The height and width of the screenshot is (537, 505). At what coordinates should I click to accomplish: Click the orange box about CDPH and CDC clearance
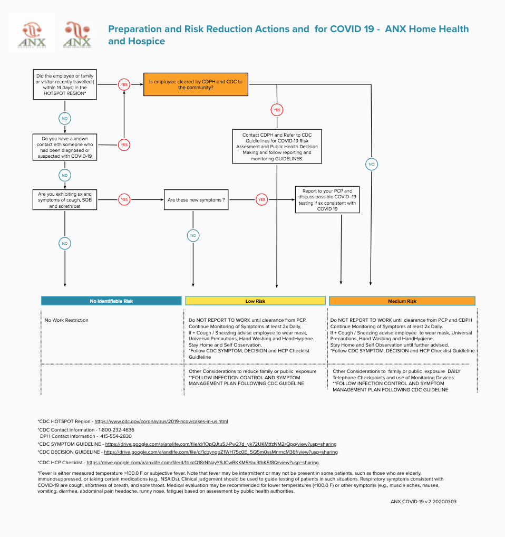pos(196,84)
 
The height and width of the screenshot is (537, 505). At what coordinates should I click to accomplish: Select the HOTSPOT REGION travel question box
pos(64,84)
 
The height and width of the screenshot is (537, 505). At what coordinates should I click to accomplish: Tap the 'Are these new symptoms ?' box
pos(196,200)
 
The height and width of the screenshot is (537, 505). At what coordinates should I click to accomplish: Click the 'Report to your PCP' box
pos(327,200)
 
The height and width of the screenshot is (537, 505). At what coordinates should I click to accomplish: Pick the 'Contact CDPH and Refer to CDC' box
pos(277,147)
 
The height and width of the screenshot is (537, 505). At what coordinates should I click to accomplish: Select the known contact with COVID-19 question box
pos(64,148)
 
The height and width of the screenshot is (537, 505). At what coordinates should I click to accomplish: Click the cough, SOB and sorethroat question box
pos(64,200)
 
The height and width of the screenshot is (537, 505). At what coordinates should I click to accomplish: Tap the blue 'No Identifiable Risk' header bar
pos(111,301)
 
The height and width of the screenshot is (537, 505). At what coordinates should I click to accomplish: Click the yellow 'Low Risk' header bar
pos(255,301)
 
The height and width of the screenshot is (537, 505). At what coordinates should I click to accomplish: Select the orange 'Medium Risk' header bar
pos(402,301)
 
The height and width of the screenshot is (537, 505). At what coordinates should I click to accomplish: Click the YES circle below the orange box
pos(277,110)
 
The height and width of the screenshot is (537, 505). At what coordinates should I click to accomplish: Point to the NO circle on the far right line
pos(372,165)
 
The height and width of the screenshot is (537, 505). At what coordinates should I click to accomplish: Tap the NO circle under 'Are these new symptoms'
pos(193,235)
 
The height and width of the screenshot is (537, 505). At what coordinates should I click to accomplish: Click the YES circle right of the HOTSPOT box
pos(124,84)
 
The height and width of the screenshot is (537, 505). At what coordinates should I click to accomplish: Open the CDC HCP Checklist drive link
pos(202,463)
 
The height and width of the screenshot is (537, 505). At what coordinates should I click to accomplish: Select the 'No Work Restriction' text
pos(66,320)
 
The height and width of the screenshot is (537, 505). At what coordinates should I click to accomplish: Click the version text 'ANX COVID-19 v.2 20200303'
pos(423,502)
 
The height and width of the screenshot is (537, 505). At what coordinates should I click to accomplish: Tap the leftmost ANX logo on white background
pos(32,33)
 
